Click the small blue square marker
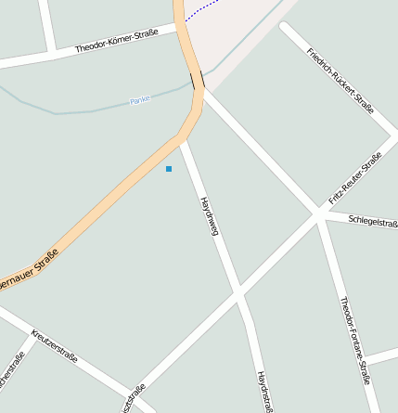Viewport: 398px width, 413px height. pos(169,169)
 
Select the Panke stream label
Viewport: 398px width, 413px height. pos(140,99)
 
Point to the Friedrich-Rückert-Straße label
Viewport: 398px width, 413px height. pos(340,80)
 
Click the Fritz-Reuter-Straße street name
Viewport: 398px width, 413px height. pos(355,179)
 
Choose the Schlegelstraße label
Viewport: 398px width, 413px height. pos(373,222)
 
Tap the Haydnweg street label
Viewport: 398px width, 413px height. pos(209,216)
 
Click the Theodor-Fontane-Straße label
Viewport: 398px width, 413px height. pos(355,340)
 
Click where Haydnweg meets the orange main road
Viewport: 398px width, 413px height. pos(181,139)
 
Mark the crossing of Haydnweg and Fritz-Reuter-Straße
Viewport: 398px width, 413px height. pos(239,294)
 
